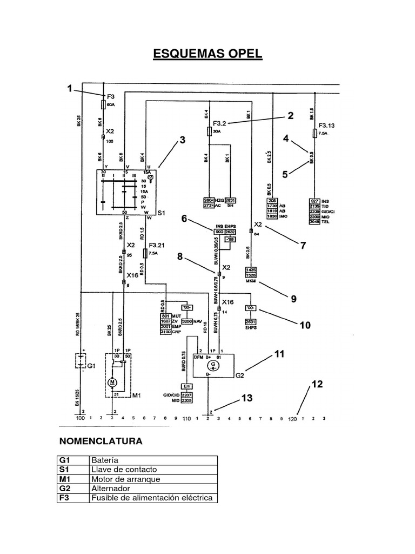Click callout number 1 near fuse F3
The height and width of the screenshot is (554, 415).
pyautogui.click(x=69, y=88)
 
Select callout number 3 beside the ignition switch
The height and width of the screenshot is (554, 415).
pyautogui.click(x=183, y=140)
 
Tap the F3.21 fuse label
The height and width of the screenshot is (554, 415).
pyautogui.click(x=157, y=245)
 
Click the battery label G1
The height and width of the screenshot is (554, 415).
pyautogui.click(x=91, y=366)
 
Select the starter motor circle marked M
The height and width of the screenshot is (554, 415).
pyautogui.click(x=112, y=382)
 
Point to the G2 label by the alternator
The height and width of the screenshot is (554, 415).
pyautogui.click(x=240, y=374)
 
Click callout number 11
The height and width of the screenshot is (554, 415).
pyautogui.click(x=279, y=354)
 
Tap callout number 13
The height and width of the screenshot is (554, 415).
pyautogui.click(x=247, y=398)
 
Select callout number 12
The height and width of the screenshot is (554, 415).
pyautogui.click(x=317, y=385)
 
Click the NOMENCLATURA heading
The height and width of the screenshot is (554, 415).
pyautogui.click(x=101, y=441)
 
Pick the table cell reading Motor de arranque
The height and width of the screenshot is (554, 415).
pyautogui.click(x=125, y=479)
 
